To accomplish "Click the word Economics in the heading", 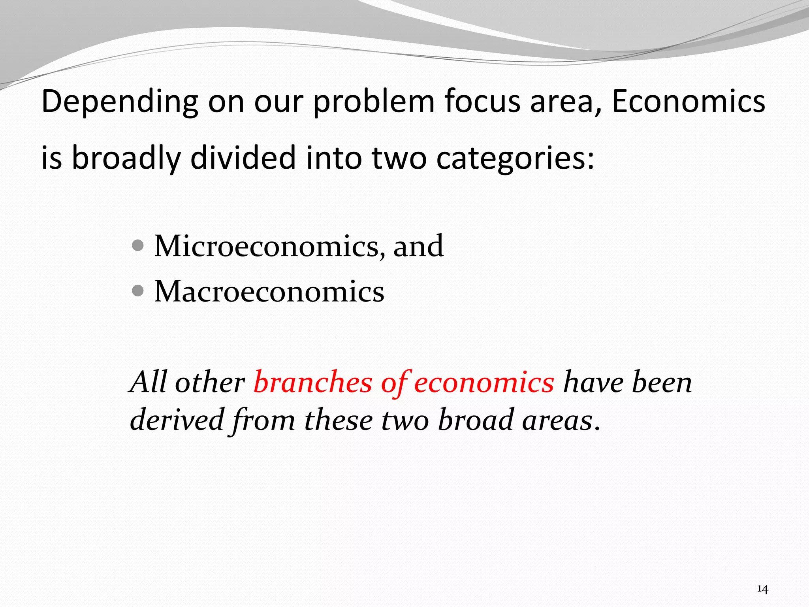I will pyautogui.click(x=688, y=102).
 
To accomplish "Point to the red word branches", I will pyautogui.click(x=313, y=382).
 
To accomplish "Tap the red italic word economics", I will pyautogui.click(x=484, y=383).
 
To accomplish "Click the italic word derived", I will pyautogui.click(x=177, y=420).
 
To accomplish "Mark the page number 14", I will pyautogui.click(x=762, y=590).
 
